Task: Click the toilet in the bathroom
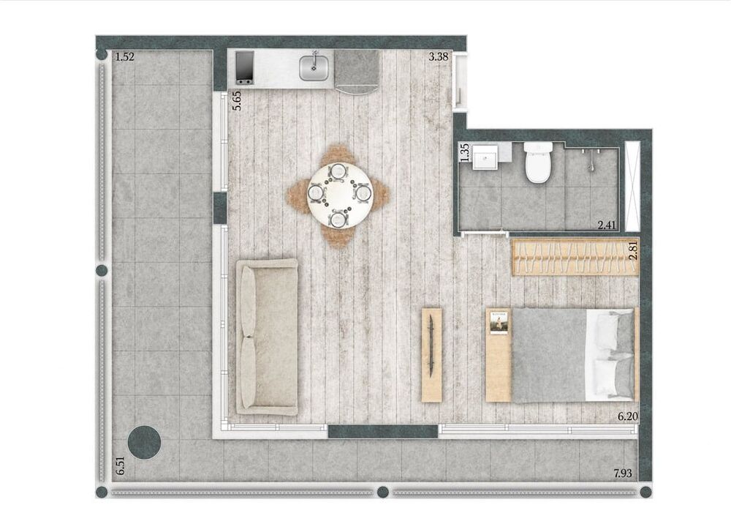tap(537, 162)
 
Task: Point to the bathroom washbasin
tap(485, 157)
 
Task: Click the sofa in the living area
tap(266, 337)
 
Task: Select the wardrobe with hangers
tap(575, 258)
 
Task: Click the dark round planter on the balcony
tap(144, 441)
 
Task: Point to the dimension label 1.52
tap(125, 56)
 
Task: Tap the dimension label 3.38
tap(439, 56)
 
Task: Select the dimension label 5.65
tap(237, 99)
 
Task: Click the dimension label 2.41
tap(607, 225)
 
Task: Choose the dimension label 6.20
tap(627, 416)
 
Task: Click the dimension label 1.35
tap(463, 152)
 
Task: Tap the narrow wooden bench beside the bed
tap(432, 355)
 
